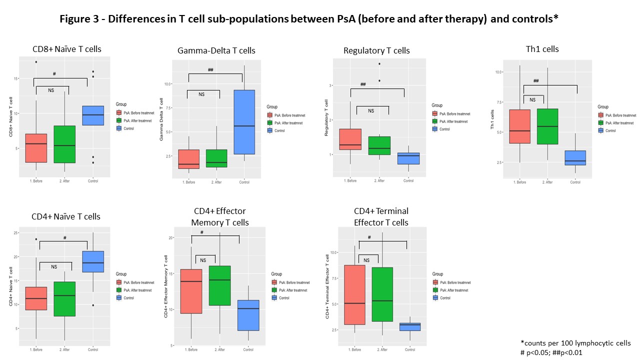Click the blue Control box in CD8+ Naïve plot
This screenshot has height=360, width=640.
point(92,115)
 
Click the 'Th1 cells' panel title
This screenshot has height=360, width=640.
point(542,49)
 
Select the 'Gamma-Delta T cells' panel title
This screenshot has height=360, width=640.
point(216,50)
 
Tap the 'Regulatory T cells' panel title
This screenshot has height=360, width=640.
point(376,50)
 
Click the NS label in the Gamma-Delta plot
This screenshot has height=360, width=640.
point(201,94)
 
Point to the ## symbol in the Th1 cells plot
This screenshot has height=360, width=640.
point(536,81)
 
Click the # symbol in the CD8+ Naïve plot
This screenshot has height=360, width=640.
point(54,74)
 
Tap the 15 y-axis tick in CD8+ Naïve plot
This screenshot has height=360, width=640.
point(15,78)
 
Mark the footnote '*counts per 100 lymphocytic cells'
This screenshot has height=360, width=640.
point(575,343)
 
